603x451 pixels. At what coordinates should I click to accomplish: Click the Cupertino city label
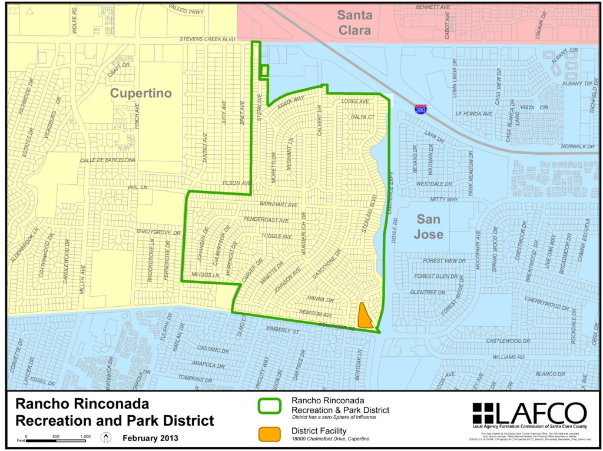(x=141, y=94)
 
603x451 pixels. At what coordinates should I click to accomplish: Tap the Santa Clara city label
(x=354, y=23)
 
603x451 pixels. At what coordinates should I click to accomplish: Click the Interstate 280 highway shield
(x=420, y=109)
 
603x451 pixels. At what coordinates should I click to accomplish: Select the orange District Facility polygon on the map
(x=364, y=316)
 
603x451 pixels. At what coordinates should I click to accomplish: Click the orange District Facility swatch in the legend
(x=269, y=433)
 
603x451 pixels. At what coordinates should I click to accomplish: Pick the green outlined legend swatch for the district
(x=269, y=407)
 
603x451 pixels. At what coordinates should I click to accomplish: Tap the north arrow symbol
(x=107, y=437)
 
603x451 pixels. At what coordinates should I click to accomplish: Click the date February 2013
(x=150, y=438)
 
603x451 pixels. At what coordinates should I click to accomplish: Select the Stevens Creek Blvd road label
(x=208, y=39)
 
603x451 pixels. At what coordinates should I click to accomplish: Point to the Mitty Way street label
(x=444, y=200)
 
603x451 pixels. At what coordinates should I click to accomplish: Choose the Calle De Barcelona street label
(x=108, y=160)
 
